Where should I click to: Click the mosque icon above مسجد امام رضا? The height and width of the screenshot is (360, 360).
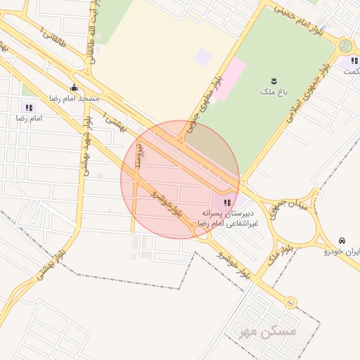tap(75, 88)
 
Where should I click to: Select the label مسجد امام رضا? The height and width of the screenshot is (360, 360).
tap(74, 99)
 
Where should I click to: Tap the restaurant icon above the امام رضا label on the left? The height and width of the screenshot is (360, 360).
tap(29, 108)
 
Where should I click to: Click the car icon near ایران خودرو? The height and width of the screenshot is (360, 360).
tap(342, 240)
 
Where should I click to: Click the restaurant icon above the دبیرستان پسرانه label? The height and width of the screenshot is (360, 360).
tap(225, 202)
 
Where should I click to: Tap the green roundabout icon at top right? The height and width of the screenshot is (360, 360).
tap(345, 46)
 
